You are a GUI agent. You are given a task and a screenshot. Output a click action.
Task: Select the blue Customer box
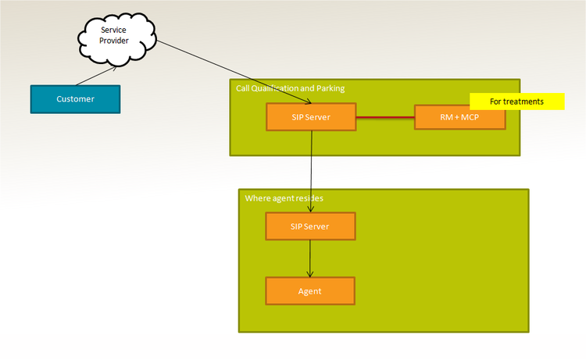(x=75, y=99)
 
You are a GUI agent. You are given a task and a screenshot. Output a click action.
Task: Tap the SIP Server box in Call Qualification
(x=311, y=117)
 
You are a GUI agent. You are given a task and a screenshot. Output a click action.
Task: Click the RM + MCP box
(x=459, y=117)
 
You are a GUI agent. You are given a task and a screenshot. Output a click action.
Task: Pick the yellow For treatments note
(x=516, y=102)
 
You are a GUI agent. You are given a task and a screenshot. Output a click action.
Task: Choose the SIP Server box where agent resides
(x=310, y=226)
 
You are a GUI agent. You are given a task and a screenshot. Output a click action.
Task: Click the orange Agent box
(x=310, y=291)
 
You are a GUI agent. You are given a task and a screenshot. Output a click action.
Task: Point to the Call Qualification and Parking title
(x=290, y=88)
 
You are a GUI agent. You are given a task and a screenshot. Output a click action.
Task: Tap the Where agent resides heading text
(x=284, y=198)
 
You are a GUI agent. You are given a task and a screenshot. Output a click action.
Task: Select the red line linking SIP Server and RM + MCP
(x=384, y=117)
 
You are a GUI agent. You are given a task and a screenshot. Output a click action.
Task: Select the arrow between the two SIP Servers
(x=312, y=172)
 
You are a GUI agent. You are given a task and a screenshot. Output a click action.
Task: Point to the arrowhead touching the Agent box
(x=310, y=274)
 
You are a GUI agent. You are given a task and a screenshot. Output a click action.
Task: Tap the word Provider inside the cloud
(x=114, y=41)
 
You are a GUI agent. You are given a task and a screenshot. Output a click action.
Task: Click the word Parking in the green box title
(x=329, y=88)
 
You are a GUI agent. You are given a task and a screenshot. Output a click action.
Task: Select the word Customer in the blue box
(x=75, y=99)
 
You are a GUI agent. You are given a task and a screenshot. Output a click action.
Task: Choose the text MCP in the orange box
(x=470, y=117)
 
